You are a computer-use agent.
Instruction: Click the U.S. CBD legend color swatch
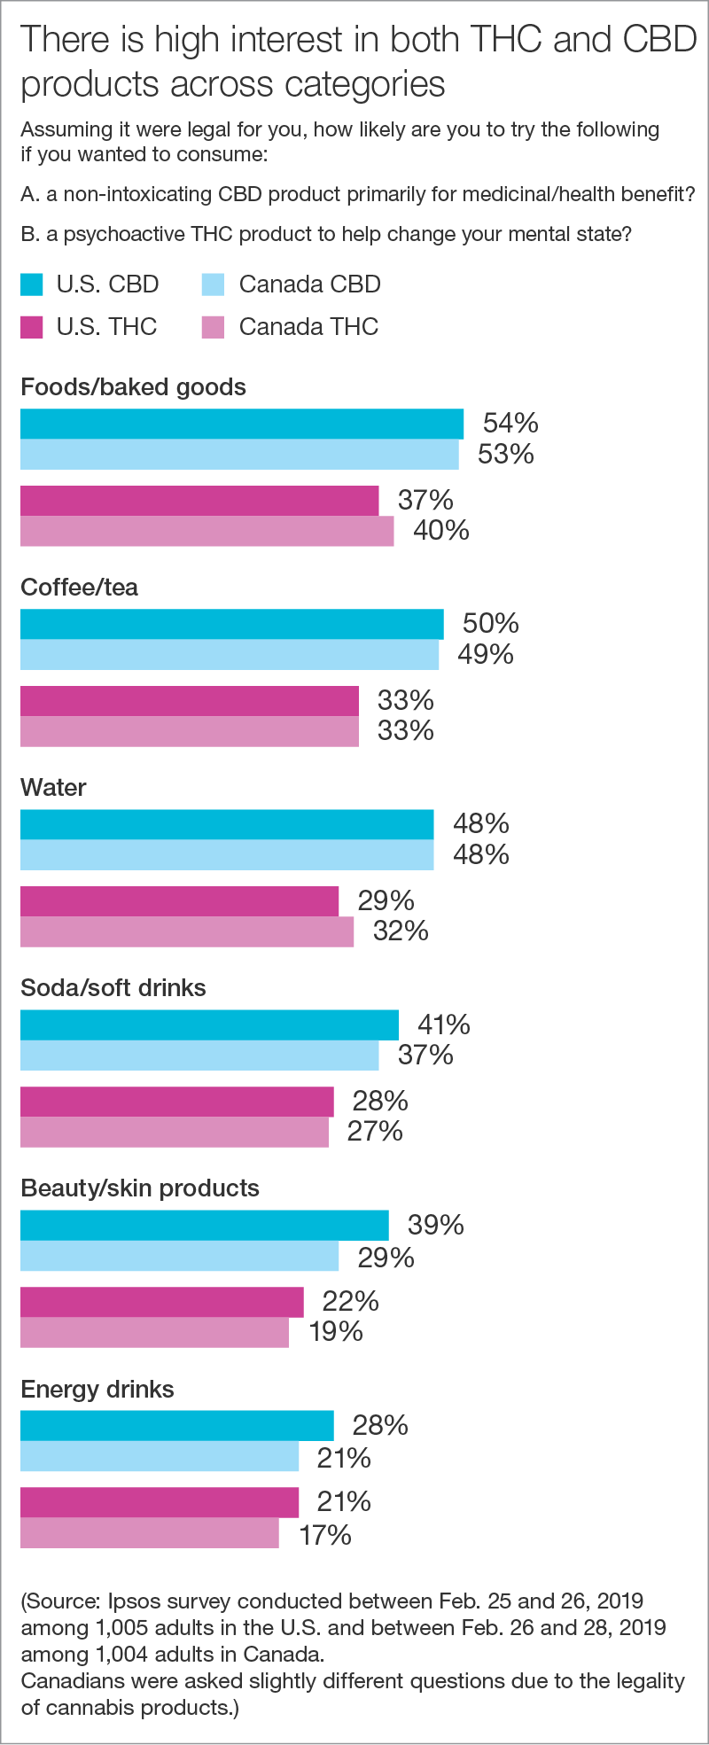click(32, 284)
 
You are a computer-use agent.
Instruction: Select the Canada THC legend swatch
click(214, 327)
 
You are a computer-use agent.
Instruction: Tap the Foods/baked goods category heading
click(133, 387)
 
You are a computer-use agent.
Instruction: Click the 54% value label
click(510, 423)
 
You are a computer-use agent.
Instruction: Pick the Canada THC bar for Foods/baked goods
click(206, 531)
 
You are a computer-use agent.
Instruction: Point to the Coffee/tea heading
click(79, 588)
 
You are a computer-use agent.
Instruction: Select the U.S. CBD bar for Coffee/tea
click(231, 624)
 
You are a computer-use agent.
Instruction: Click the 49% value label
click(486, 654)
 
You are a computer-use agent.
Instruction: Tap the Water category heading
click(53, 788)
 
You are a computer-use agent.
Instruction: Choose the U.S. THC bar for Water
click(179, 901)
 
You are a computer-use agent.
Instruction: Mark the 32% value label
click(401, 931)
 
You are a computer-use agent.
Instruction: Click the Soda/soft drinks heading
click(113, 988)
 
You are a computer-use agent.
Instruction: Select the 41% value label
click(443, 1024)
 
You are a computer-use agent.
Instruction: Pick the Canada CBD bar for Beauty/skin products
click(179, 1256)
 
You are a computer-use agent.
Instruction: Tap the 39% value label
click(435, 1225)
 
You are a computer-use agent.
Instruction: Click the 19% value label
click(336, 1331)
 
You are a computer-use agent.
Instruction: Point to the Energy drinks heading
click(97, 1389)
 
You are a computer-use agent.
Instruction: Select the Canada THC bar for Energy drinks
click(149, 1533)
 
